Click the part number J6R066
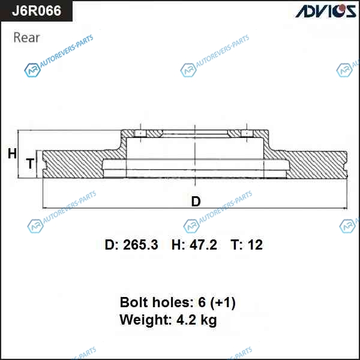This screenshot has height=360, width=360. pos(37,11)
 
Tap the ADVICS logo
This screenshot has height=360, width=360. pos(325,11)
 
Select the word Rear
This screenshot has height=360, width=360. pos(26,37)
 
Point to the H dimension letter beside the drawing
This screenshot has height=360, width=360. pos(13,154)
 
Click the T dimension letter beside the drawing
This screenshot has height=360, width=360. pos(30,163)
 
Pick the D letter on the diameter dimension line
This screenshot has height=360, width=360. pos(196,202)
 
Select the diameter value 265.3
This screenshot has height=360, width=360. pos(140,245)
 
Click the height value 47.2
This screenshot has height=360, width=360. pos(203,245)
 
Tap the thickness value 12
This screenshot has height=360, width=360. pos(255,245)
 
